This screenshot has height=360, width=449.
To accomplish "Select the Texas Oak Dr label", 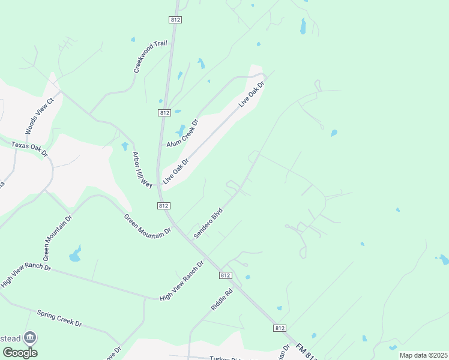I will pyautogui.click(x=29, y=149).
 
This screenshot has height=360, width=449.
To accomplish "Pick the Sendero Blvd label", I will pyautogui.click(x=208, y=223).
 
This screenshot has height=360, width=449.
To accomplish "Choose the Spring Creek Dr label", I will pyautogui.click(x=59, y=318).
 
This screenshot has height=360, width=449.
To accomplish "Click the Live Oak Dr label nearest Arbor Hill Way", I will pyautogui.click(x=176, y=170).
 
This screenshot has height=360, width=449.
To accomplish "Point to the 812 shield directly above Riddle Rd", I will pyautogui.click(x=225, y=275).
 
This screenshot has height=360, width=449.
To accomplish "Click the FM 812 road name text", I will pyautogui.click(x=307, y=352).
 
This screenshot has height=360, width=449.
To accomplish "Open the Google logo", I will pyautogui.click(x=20, y=353).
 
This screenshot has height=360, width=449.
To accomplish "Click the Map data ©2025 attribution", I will pyautogui.click(x=423, y=355).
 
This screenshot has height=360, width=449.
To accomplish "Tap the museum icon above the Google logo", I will pyautogui.click(x=30, y=338).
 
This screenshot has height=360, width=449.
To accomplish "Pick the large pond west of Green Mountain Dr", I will pyautogui.click(x=75, y=254).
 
